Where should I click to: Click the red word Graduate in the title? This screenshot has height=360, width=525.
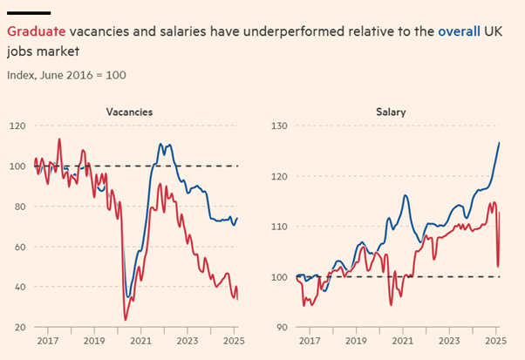click(x=34, y=31)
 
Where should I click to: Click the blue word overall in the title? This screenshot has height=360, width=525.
click(x=459, y=31)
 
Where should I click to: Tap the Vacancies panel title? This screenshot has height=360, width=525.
click(x=130, y=112)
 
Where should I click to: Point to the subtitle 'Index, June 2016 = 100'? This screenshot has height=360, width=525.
click(x=66, y=75)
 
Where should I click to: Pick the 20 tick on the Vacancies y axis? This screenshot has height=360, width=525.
click(x=17, y=327)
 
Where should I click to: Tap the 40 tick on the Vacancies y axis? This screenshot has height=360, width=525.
click(x=17, y=287)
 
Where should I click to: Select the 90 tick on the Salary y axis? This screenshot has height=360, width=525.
click(x=279, y=327)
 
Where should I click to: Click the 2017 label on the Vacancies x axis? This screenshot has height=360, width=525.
click(x=47, y=343)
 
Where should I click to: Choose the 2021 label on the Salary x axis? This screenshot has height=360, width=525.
click(x=401, y=343)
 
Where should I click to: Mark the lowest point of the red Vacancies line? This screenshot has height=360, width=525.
click(x=125, y=320)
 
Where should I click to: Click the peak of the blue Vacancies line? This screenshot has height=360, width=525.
click(x=161, y=144)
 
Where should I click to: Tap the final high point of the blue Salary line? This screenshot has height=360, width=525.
click(x=499, y=142)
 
